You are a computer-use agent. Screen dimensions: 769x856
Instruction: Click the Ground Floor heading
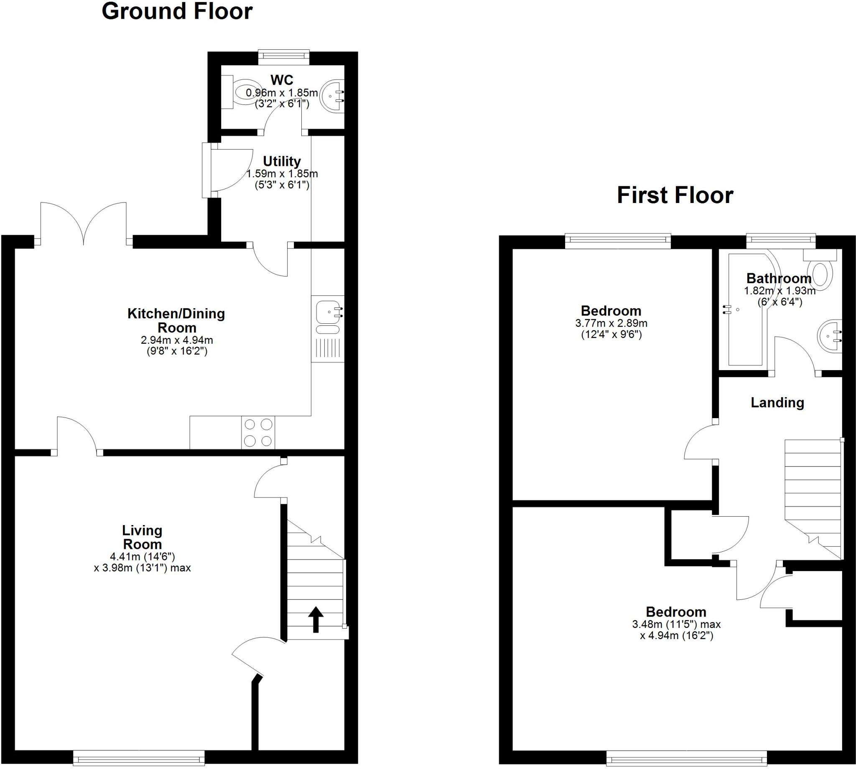tap(177, 12)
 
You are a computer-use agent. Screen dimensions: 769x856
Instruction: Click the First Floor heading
tap(675, 195)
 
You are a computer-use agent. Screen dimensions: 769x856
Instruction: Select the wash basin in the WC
tap(332, 96)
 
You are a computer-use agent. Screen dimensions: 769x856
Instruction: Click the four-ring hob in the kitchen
tap(258, 432)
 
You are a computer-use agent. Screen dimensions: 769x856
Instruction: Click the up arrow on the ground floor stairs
tap(315, 619)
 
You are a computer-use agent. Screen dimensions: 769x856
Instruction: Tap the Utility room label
tap(282, 161)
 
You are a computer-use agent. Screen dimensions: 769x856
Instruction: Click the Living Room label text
tap(142, 537)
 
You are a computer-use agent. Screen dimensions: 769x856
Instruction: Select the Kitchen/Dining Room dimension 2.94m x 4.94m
tap(177, 340)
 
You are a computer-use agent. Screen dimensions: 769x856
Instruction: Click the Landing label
tap(777, 403)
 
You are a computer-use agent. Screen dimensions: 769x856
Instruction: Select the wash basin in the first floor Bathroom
tap(829, 336)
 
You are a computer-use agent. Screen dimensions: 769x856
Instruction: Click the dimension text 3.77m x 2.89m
tap(611, 324)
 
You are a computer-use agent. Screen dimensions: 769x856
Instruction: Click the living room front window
tap(139, 758)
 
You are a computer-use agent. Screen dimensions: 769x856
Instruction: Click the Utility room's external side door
tap(207, 170)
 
